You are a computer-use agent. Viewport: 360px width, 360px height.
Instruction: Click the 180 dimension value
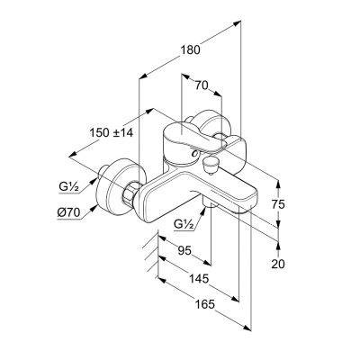tap(190, 49)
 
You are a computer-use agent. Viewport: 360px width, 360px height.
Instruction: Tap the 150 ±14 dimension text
tap(112, 132)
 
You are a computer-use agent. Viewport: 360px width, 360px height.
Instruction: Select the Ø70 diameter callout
tap(69, 212)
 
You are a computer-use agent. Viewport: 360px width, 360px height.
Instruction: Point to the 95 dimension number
tap(184, 250)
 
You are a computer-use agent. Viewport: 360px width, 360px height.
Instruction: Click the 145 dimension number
tap(199, 279)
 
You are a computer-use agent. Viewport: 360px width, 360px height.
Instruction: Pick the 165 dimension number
tap(205, 304)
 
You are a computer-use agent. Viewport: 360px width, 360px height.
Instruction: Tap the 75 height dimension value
tap(278, 204)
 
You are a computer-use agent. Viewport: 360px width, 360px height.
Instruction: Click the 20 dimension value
tap(278, 264)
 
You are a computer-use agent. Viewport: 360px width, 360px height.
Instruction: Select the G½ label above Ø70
tap(68, 187)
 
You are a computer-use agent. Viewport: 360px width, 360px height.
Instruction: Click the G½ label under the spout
tap(184, 224)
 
